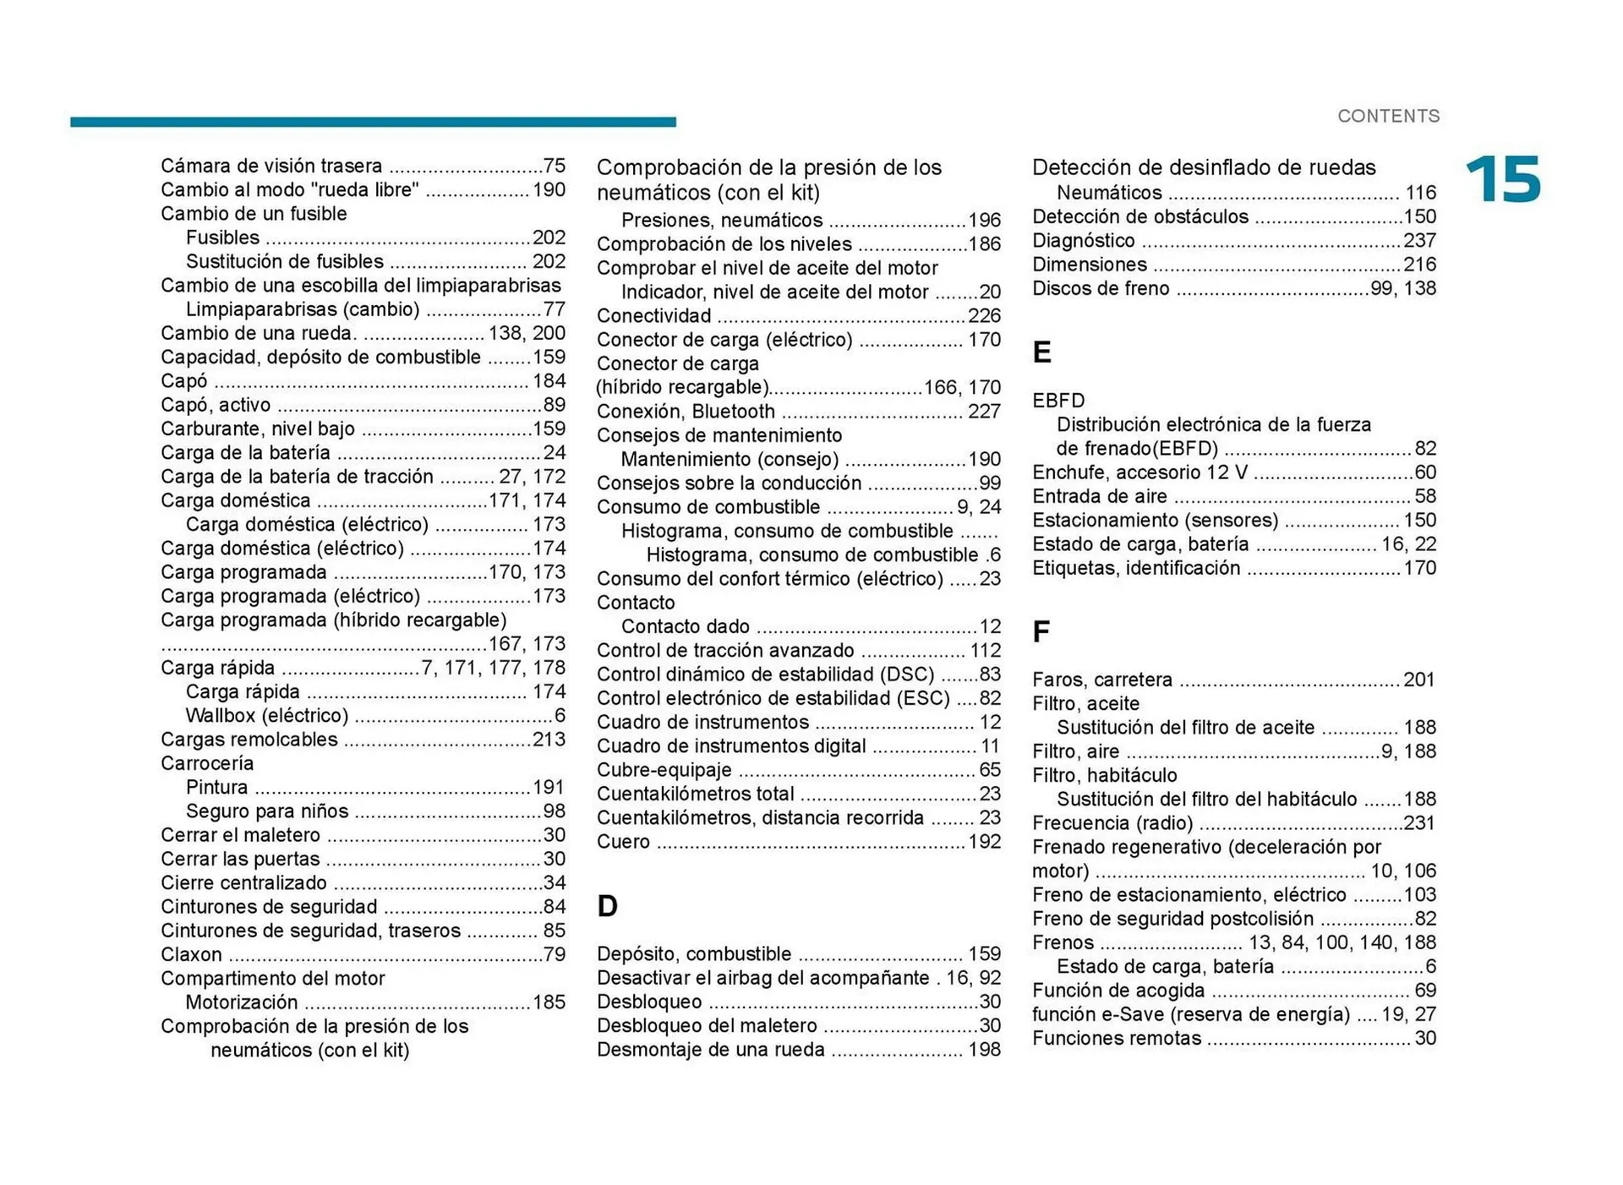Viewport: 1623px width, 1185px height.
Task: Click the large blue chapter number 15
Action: coord(1503,179)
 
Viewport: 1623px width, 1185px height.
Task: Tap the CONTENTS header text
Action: coord(1388,116)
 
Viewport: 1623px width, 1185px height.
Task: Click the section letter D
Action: coord(607,906)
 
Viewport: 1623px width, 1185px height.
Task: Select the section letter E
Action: coord(1041,352)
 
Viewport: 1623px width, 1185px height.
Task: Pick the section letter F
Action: coord(1041,631)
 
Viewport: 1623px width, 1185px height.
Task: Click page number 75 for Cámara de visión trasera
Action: coord(554,166)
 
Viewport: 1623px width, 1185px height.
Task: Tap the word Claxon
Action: coord(191,954)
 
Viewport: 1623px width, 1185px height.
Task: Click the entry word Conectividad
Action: coord(653,316)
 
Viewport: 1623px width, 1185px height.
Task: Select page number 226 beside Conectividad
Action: coord(984,316)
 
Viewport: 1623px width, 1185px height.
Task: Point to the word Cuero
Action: coord(623,842)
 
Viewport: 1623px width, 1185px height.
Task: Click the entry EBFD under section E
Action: coord(1058,401)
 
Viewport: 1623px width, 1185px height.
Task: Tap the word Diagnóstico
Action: coord(1083,241)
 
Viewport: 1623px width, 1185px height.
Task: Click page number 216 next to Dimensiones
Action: coord(1419,265)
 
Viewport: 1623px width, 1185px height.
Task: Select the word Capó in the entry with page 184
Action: coord(184,381)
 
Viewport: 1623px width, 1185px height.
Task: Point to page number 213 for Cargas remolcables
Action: coord(549,740)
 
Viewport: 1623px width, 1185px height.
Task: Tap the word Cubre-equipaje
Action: coord(664,770)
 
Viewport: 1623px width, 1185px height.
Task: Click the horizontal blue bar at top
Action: coord(373,122)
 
